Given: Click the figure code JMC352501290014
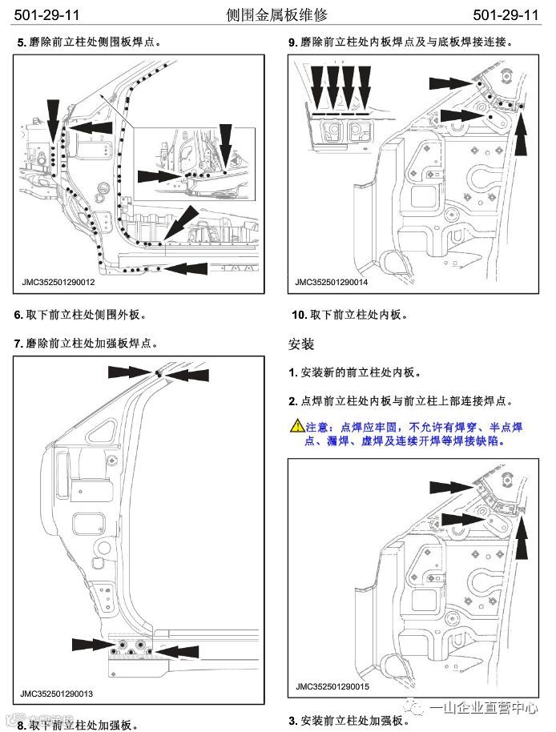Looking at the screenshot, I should (331, 282).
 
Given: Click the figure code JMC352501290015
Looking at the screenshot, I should (332, 686).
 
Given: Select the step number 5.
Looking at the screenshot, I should (20, 42).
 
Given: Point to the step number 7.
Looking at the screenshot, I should (18, 344).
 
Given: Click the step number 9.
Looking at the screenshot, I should (292, 42).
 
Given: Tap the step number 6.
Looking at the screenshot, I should (18, 315).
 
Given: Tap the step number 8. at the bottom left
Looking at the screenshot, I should (21, 725).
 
